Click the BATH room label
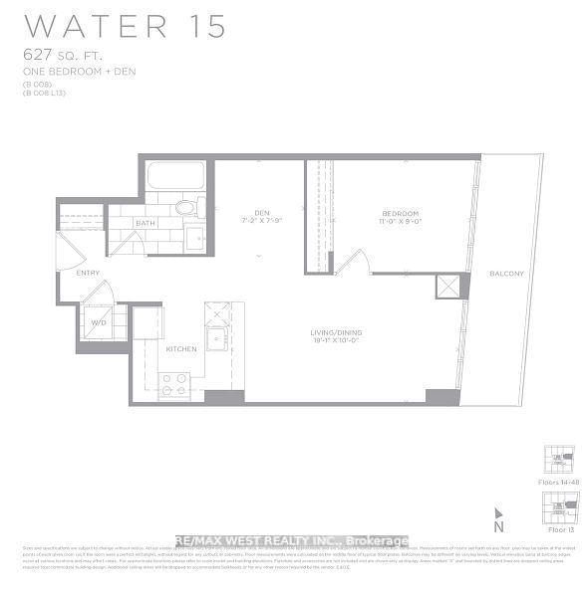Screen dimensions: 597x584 [146, 223]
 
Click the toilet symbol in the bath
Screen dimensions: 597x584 [185, 208]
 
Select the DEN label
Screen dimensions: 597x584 [261, 212]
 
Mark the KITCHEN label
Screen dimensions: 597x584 [180, 349]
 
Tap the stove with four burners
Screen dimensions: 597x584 [173, 385]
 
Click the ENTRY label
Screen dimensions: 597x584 [88, 272]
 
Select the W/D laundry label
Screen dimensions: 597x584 [100, 321]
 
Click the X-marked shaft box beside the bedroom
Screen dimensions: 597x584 [445, 287]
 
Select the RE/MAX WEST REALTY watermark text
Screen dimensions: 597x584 [292, 541]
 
